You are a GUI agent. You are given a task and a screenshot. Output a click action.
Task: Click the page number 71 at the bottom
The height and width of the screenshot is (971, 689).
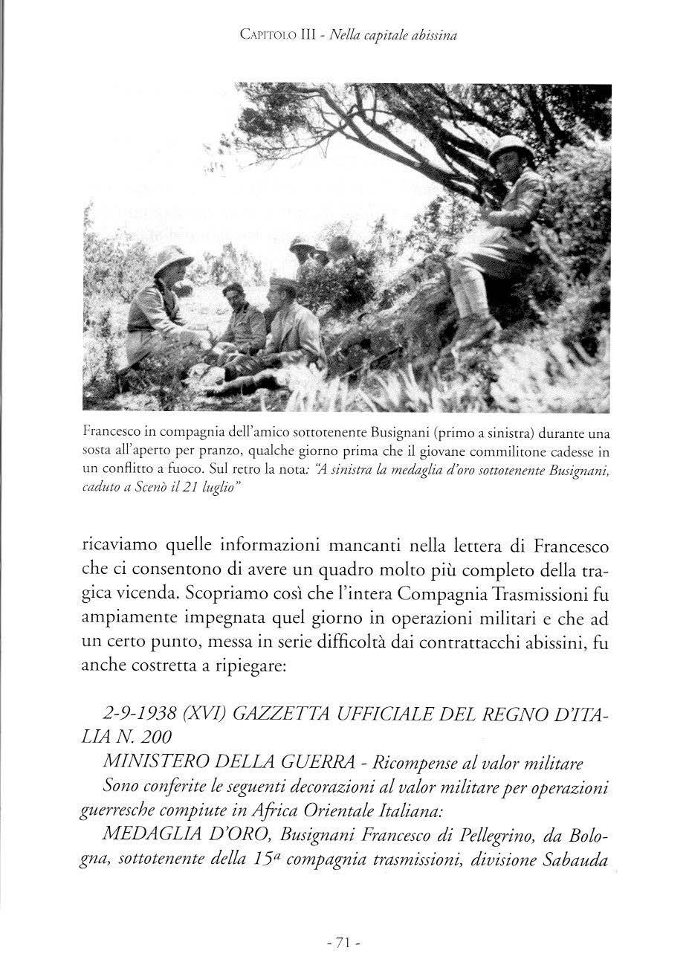(343, 942)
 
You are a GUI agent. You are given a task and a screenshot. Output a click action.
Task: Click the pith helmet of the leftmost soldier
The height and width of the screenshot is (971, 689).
(172, 260)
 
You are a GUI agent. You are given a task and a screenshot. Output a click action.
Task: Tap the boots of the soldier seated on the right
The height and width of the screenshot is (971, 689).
(476, 332)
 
